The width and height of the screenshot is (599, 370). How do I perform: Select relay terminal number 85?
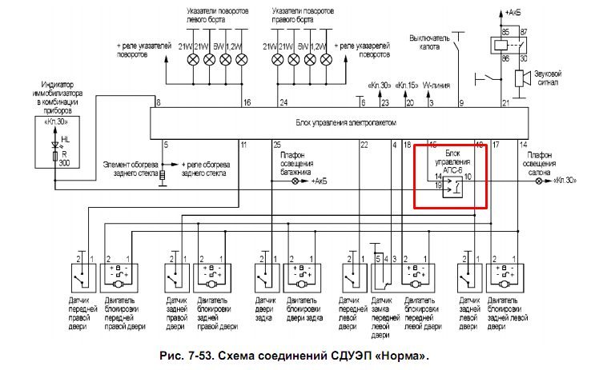tap(505, 30)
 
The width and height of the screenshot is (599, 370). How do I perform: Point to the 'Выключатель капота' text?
tap(431, 42)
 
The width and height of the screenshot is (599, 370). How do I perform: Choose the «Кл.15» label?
tap(408, 85)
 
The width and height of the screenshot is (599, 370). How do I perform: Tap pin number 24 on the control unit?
tap(283, 103)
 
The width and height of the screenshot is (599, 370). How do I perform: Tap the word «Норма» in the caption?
tap(404, 355)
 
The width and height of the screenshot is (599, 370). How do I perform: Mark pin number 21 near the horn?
tap(505, 103)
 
